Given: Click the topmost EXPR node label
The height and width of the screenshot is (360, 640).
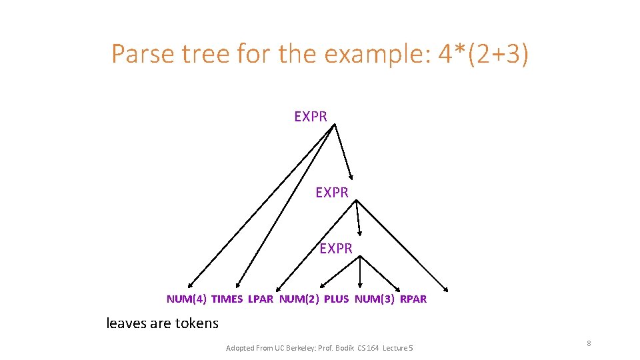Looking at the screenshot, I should (x=311, y=117).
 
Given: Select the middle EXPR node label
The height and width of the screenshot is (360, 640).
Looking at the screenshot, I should (x=332, y=193).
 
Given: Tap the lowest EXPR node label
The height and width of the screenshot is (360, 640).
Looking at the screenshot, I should (x=336, y=249).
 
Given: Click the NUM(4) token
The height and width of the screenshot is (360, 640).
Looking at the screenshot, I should (x=186, y=299).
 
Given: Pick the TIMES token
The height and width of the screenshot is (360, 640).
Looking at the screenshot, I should (x=227, y=299).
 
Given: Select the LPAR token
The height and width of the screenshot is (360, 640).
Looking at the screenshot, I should (x=261, y=299).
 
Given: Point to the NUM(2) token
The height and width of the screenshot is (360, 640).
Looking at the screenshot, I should (x=299, y=299).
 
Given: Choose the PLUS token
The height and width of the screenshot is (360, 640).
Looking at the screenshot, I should (x=336, y=299).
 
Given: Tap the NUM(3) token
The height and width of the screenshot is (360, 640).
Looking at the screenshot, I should (x=374, y=299).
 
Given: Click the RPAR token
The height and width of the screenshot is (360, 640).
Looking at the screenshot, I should (x=413, y=299).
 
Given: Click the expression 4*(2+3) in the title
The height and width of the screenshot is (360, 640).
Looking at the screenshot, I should (x=483, y=54).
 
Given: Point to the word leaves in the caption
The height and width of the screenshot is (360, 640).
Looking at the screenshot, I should (x=127, y=323).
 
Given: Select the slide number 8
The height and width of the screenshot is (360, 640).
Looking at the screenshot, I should (x=589, y=343).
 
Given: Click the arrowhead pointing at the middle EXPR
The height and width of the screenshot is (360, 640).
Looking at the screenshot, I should (x=351, y=177).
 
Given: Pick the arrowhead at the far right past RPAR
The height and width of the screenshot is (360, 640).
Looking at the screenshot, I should (x=446, y=289).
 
